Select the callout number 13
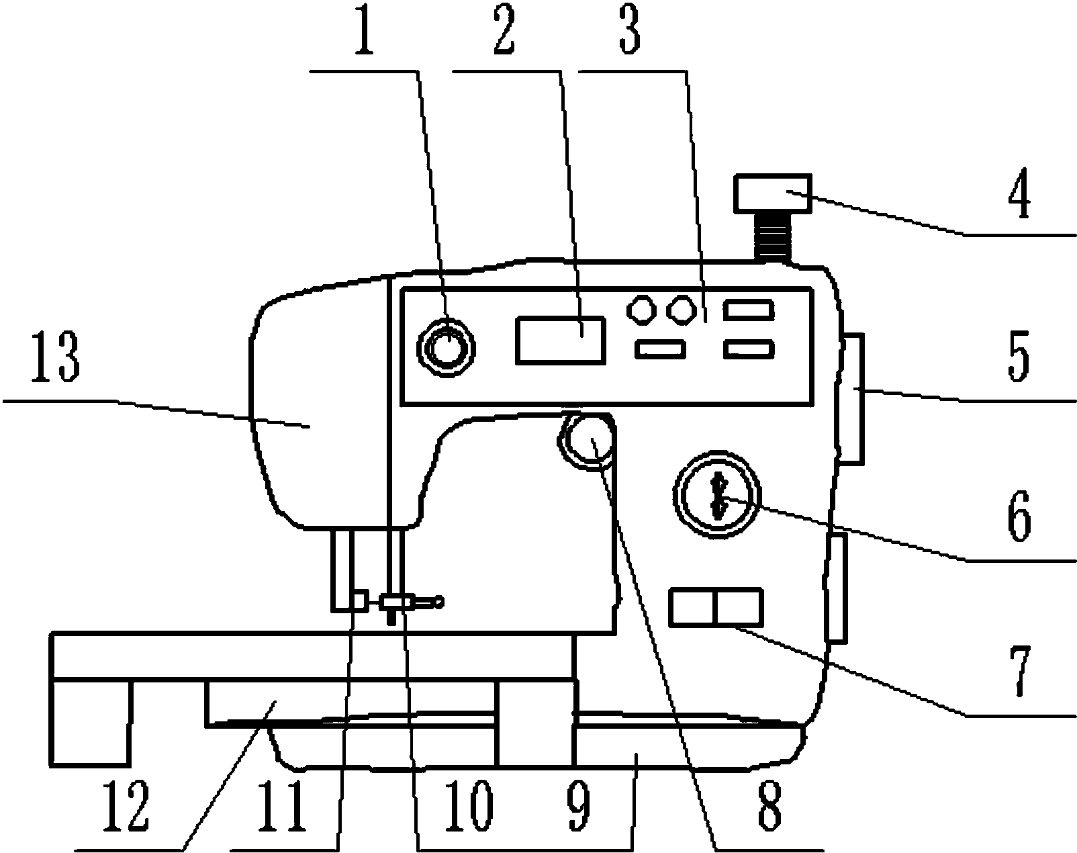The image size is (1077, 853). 56,357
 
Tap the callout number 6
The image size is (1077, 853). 1019,516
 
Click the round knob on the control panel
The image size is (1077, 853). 447,347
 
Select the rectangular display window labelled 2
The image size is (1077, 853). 561,340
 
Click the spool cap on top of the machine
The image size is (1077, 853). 773,193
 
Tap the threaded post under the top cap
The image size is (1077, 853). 773,237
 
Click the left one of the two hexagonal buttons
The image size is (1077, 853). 641,310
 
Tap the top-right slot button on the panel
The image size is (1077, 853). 749,310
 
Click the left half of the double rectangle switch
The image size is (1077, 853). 692,607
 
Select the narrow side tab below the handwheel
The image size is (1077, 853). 837,588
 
